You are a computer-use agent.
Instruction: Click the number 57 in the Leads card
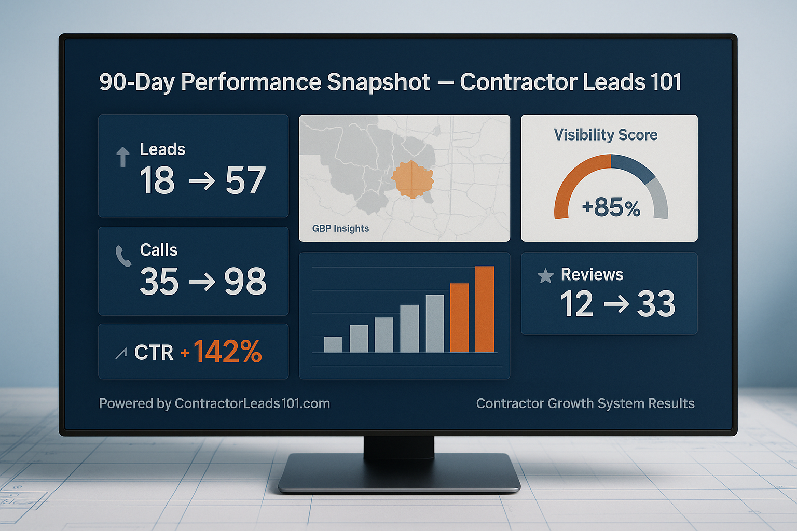coord(245,181)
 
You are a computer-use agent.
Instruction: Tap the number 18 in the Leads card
coord(157,181)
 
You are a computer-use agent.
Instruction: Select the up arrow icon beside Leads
coord(123,157)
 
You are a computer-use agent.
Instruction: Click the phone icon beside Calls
coord(123,256)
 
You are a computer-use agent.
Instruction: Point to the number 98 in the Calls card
coord(245,282)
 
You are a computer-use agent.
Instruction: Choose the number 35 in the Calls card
coord(159,282)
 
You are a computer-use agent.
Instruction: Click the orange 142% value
coord(227,352)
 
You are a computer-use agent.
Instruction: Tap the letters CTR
coord(154,353)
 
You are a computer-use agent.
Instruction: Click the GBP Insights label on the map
coord(340,229)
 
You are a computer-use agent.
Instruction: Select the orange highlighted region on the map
coord(412,179)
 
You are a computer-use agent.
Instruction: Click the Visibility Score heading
coord(606,135)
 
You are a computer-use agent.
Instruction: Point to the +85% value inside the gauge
coord(611,207)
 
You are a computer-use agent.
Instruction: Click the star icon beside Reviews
coord(545,276)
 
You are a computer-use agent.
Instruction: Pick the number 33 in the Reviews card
coord(656,304)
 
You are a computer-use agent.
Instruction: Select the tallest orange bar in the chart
coord(485,309)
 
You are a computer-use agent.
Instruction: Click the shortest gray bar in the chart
coord(333,344)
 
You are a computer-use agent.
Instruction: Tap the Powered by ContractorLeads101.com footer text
coord(214,403)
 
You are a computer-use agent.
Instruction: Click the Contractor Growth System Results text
coord(585,403)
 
